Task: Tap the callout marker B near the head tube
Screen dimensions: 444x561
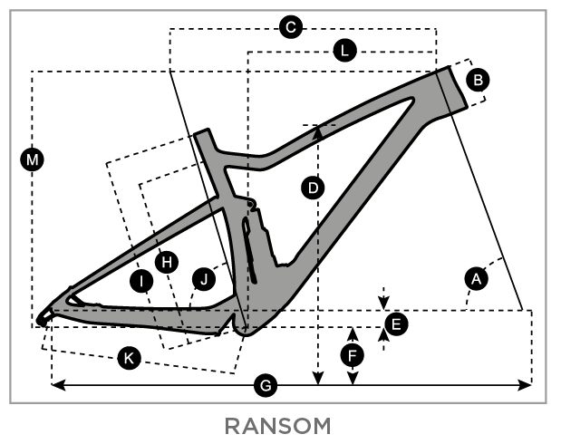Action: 478,79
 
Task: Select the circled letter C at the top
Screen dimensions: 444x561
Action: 291,28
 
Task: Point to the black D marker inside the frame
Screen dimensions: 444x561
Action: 313,188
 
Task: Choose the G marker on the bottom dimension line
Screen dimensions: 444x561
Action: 266,386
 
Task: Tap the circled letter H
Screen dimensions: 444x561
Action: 165,262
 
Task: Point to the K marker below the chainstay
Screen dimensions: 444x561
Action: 130,358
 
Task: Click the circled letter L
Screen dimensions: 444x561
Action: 344,51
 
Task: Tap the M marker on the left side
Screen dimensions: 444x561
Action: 34,160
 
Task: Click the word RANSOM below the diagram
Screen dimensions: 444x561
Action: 280,425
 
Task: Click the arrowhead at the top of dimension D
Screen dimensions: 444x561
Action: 318,131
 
